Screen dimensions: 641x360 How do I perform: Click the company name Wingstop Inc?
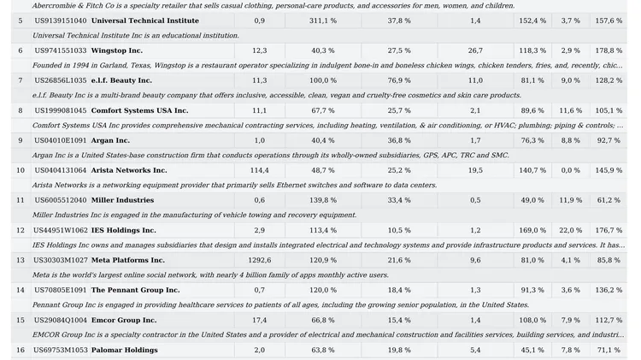tap(116, 50)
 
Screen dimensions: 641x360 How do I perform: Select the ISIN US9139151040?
tap(61, 21)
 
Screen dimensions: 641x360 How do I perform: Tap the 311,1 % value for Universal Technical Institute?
tap(323, 21)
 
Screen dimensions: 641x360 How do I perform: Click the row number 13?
tap(21, 260)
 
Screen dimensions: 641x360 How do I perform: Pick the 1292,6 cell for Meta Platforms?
tap(260, 260)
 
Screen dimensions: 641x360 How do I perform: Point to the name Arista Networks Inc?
tap(129, 170)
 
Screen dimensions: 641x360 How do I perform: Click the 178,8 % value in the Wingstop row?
tap(609, 50)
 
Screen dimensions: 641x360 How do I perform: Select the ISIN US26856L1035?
tap(61, 80)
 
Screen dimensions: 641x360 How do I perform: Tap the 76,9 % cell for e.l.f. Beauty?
tap(399, 80)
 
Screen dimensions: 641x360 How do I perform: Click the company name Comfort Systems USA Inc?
tap(139, 110)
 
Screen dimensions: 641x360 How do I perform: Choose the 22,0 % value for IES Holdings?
tap(571, 230)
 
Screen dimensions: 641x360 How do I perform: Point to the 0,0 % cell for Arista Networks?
tap(571, 170)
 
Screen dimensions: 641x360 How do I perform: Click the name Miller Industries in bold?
tap(122, 200)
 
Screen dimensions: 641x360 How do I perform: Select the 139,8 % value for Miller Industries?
tap(323, 200)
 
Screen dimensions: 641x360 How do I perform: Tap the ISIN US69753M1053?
tap(61, 351)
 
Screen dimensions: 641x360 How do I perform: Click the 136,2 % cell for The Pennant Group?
tap(609, 290)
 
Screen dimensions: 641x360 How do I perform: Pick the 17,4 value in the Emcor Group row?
tap(260, 320)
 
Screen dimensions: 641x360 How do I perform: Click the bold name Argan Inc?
tap(110, 140)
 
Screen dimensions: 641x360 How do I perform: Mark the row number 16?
tap(21, 351)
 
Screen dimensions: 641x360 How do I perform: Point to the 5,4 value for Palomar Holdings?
tap(475, 351)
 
